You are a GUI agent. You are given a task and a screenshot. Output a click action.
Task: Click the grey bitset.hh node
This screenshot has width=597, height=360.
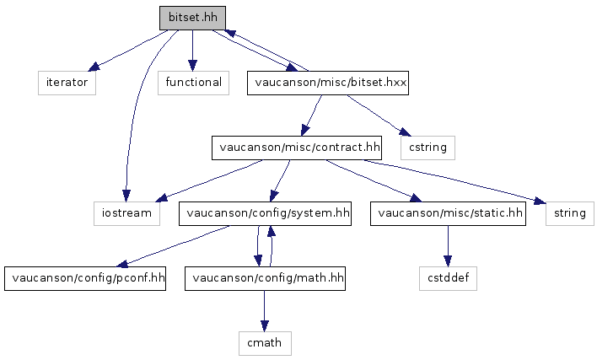192,18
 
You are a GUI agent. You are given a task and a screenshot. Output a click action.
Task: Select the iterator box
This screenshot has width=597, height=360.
67,83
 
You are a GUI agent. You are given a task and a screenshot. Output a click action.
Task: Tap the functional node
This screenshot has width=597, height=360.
193,83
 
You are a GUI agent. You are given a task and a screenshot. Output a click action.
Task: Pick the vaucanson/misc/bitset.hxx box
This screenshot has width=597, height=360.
328,83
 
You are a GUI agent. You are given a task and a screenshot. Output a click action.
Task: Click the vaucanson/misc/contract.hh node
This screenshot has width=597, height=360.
297,148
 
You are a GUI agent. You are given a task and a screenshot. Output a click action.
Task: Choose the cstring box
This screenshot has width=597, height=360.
428,148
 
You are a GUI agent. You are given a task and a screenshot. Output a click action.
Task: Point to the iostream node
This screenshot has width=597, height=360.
126,213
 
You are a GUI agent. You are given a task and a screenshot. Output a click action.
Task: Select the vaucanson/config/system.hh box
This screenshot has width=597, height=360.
265,213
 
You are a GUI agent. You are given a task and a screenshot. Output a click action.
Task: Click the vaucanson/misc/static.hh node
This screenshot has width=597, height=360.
448,213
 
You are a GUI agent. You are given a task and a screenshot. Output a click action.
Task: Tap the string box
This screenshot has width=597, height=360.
569,213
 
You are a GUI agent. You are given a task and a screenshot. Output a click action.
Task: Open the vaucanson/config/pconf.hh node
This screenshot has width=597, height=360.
85,278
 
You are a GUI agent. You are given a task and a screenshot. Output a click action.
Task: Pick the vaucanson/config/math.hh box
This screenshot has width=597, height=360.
265,278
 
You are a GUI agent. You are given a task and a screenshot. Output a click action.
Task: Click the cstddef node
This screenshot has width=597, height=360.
448,278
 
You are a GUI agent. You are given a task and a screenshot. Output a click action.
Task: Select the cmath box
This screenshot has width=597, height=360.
265,343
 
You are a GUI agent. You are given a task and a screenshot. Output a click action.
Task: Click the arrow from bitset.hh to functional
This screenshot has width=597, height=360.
192,51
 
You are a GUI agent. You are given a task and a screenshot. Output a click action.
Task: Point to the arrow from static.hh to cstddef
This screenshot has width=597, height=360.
448,246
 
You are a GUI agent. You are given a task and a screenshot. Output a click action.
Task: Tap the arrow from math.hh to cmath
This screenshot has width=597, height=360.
264,311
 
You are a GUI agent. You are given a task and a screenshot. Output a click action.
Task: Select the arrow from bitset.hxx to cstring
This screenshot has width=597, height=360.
379,116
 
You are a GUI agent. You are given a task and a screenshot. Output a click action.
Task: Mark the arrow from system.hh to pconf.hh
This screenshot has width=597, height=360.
173,246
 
